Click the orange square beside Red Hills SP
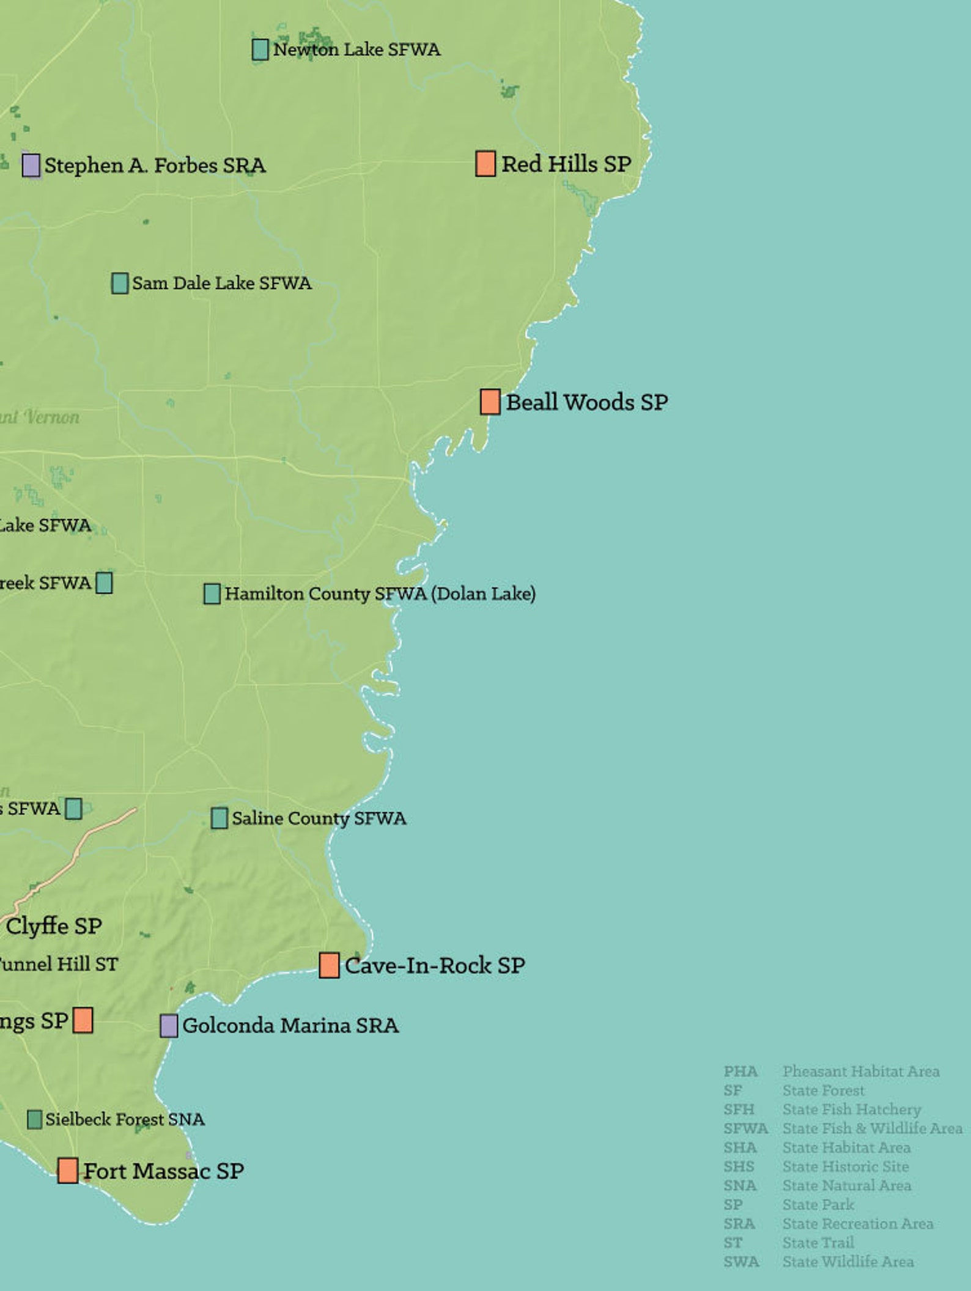pos(485,164)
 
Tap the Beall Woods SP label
pos(586,402)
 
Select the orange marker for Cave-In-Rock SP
pos(329,965)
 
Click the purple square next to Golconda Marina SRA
pos(169,1026)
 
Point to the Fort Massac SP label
pos(163,1171)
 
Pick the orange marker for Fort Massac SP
pos(68,1170)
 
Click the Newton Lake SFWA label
pos(356,50)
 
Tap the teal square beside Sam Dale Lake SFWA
pos(120,283)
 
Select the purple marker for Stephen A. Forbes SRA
pos(31,165)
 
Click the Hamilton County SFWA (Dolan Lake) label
pos(380,594)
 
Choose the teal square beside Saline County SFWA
pos(219,818)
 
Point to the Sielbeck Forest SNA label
pos(125,1119)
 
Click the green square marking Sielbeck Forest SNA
pos(35,1119)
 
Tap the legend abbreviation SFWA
pos(745,1128)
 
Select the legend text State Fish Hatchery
pos(851,1109)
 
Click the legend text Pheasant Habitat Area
pos(861,1071)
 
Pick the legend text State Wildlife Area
pos(848,1261)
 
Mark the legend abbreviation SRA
pos(739,1223)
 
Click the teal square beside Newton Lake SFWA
pos(260,50)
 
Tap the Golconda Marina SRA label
pos(290,1025)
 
